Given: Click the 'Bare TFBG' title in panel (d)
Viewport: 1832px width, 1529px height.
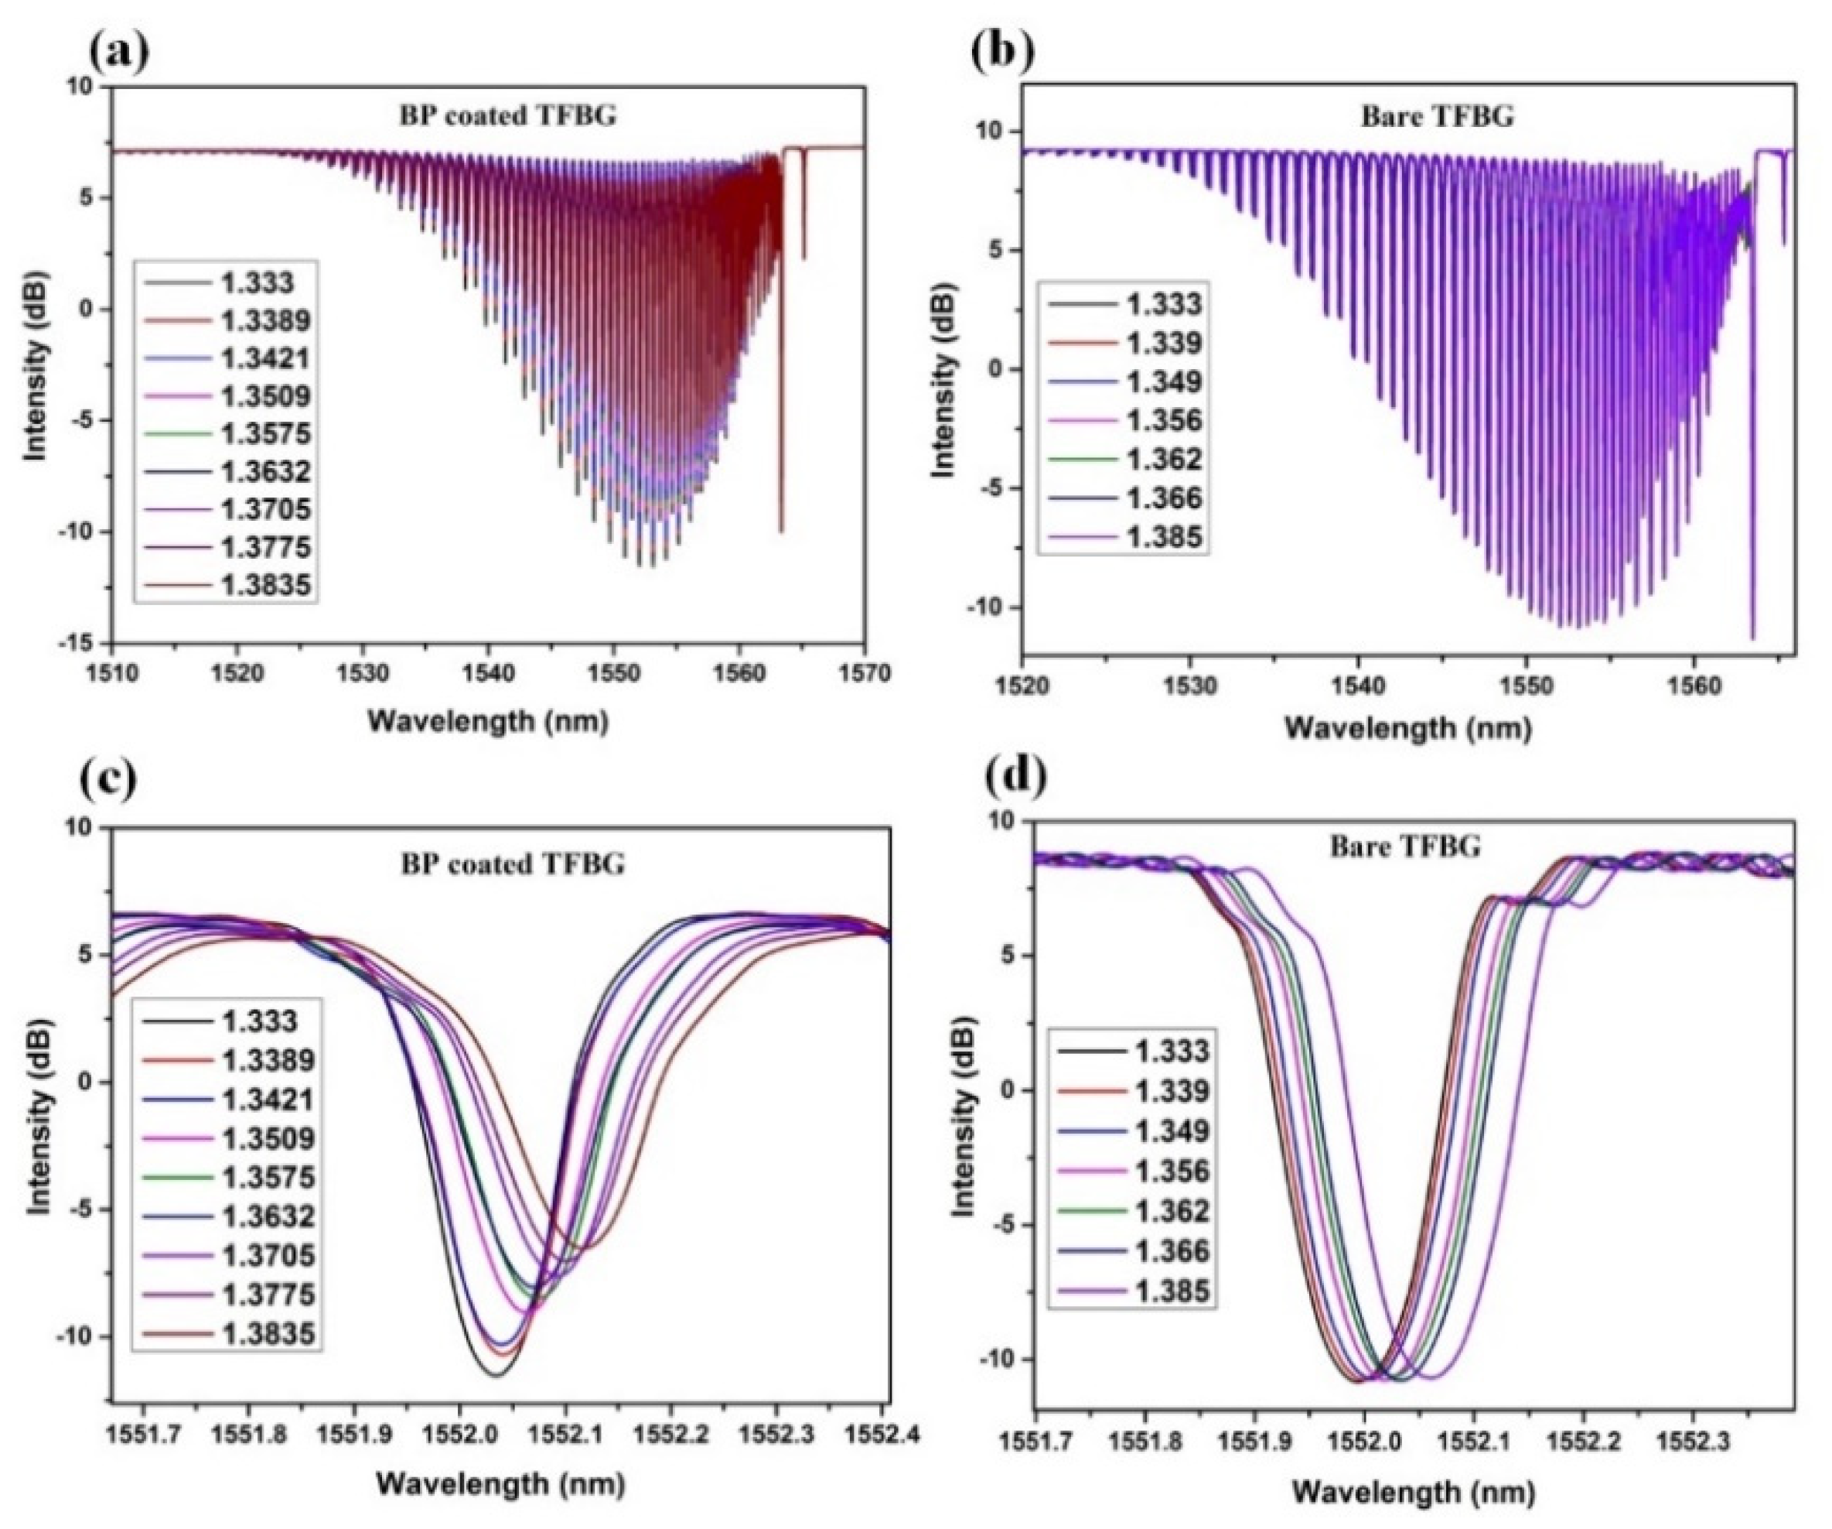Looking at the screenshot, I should pos(1404,847).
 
